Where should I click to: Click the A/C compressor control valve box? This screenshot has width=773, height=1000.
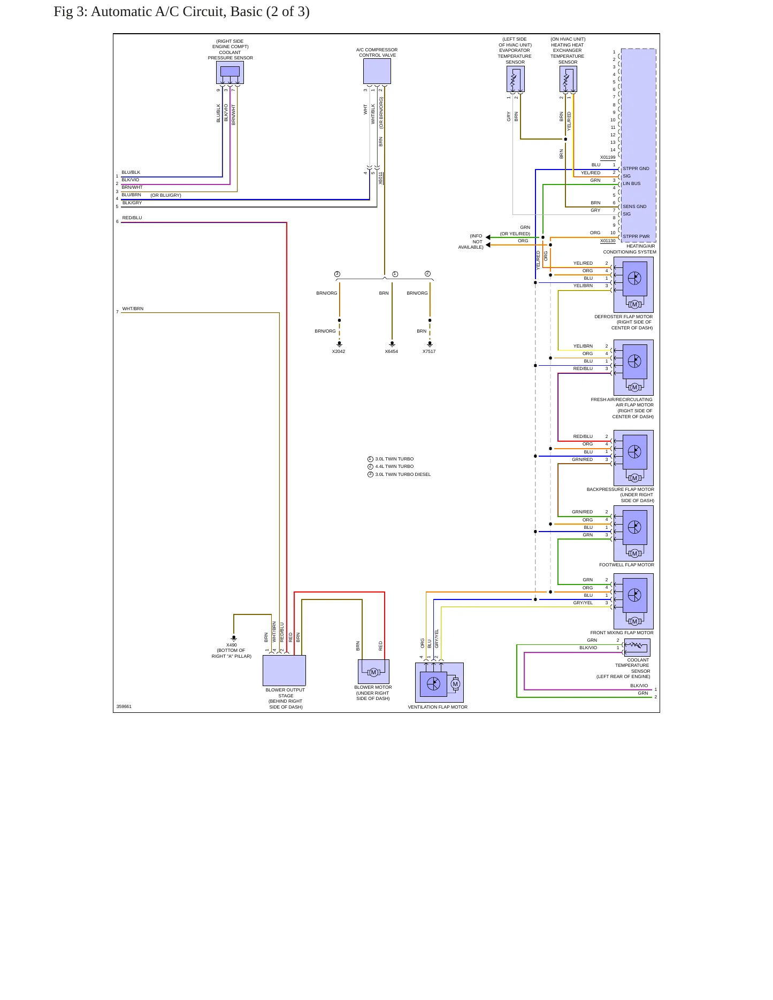click(x=377, y=71)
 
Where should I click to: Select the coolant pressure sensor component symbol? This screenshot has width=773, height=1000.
click(x=230, y=72)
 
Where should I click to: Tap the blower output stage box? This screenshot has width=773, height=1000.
click(x=284, y=671)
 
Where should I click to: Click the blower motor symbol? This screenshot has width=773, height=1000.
click(x=373, y=672)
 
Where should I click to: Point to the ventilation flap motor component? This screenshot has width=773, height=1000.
click(x=439, y=683)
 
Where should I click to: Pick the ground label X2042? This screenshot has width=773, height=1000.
click(x=339, y=351)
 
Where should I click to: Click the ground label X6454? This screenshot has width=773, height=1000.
click(x=392, y=351)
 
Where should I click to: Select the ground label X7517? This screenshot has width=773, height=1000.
click(x=429, y=351)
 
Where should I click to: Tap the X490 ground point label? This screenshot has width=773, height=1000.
click(x=232, y=645)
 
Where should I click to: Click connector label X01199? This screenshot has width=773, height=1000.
click(x=608, y=157)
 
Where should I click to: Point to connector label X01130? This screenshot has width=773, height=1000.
click(x=608, y=241)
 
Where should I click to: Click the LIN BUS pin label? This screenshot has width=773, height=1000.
click(x=632, y=183)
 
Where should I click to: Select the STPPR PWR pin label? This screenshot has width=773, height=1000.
click(x=636, y=236)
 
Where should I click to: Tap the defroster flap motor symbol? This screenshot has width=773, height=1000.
click(x=633, y=284)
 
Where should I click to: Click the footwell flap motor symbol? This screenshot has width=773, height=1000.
click(x=633, y=533)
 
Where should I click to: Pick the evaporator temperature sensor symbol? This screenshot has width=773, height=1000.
click(x=516, y=79)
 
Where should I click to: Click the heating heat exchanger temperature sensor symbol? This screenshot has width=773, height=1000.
click(x=568, y=79)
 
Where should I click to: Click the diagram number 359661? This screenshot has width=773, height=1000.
click(x=124, y=706)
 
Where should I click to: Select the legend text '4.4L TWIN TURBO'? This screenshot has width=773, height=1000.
click(x=394, y=466)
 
